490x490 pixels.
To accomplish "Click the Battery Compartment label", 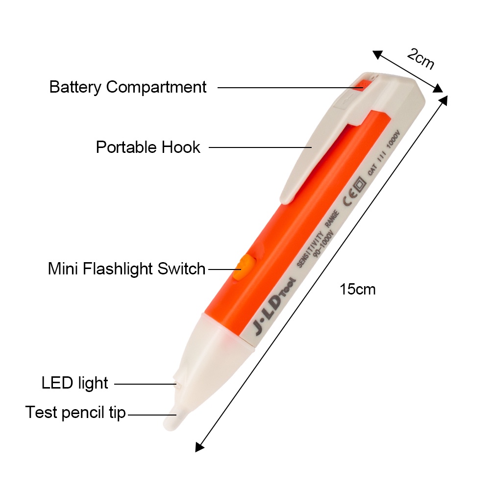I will click(128, 87).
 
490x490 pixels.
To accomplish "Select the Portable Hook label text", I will click(148, 147).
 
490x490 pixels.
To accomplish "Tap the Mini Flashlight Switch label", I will click(126, 269).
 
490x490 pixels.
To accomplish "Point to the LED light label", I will click(74, 383).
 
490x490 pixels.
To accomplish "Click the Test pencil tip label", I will click(75, 413).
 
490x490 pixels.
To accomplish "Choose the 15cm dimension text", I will click(358, 289).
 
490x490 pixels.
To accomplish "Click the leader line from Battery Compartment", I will click(289, 88).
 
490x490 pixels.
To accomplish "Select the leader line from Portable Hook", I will click(260, 147).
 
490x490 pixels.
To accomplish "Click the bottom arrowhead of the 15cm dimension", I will click(199, 446).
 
